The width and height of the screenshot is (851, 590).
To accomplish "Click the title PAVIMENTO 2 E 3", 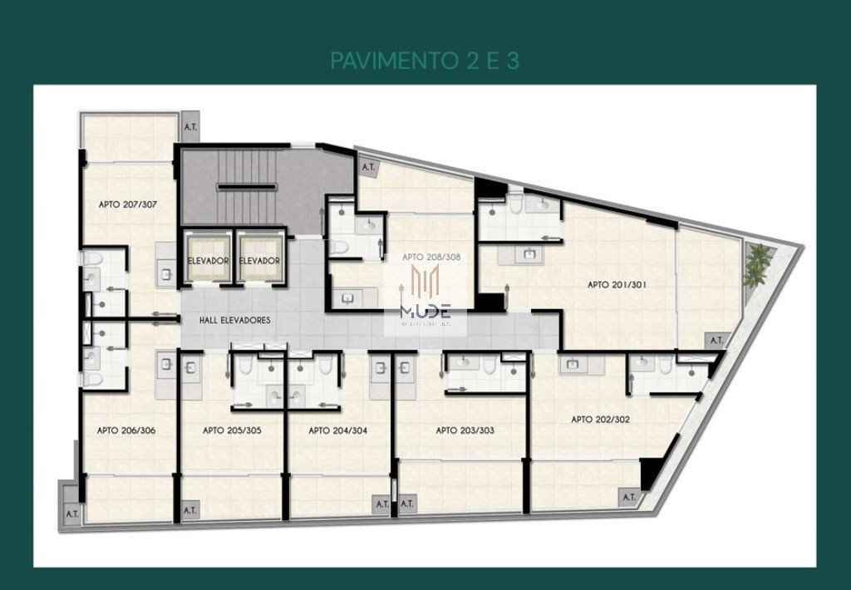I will click(425, 61).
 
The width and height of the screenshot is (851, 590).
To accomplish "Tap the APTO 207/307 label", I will click(128, 204).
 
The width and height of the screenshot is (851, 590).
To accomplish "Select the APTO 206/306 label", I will click(126, 430).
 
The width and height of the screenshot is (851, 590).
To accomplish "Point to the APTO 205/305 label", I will click(232, 430).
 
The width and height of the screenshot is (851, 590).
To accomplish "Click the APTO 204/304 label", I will click(337, 430).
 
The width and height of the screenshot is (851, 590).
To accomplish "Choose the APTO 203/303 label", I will click(465, 430).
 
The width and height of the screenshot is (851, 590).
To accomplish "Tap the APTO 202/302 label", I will click(600, 420).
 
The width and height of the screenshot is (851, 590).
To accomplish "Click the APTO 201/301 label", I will click(617, 284).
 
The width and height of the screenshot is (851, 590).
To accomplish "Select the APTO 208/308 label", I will click(431, 257).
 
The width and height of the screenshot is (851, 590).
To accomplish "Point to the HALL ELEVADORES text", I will click(235, 320).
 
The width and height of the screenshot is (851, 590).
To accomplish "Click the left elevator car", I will click(207, 258).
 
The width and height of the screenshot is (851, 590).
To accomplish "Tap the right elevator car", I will click(259, 258).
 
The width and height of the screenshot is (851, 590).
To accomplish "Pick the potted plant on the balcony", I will click(758, 263).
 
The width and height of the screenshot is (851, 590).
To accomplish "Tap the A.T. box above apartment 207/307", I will click(190, 127).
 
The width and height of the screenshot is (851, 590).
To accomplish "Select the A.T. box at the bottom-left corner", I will click(72, 514).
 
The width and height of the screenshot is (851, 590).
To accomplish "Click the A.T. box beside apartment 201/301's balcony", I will click(716, 340).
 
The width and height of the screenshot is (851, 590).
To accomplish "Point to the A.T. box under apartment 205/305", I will click(189, 510).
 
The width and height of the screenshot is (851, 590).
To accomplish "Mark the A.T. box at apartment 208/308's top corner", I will click(368, 167).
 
